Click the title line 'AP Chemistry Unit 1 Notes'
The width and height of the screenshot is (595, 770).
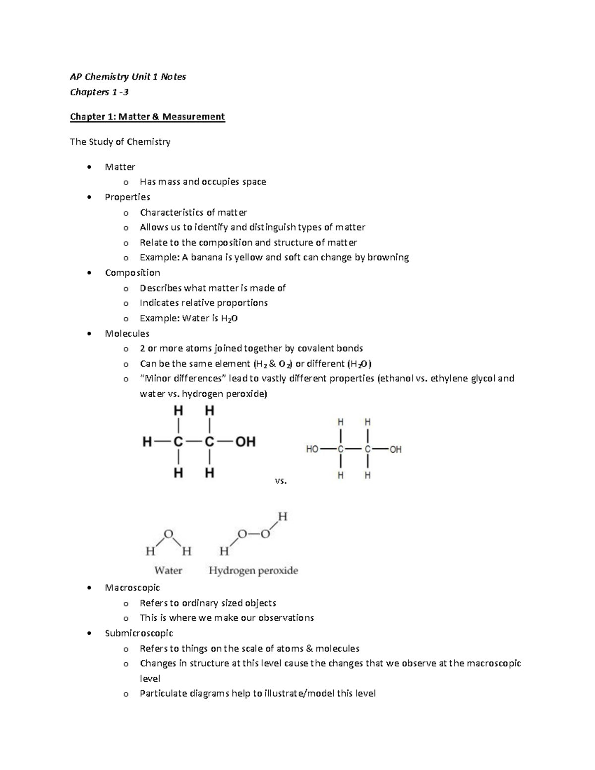click(x=128, y=76)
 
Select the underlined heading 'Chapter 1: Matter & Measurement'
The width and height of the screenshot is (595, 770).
click(x=147, y=117)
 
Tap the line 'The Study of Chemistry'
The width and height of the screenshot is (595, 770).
click(x=120, y=142)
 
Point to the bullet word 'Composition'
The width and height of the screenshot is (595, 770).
click(x=132, y=273)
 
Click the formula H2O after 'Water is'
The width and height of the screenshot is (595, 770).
click(x=229, y=318)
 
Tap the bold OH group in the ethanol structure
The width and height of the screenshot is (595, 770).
click(x=245, y=441)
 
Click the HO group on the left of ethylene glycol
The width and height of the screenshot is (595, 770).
click(x=312, y=449)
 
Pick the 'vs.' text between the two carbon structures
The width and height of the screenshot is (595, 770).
click(x=281, y=480)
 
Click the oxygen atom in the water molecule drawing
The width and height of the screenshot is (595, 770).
click(x=169, y=533)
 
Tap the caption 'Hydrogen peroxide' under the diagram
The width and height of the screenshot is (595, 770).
click(x=253, y=571)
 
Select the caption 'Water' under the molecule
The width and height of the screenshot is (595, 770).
click(x=168, y=571)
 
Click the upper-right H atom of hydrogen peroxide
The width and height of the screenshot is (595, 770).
click(x=282, y=517)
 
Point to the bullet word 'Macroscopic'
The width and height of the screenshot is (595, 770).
click(x=132, y=588)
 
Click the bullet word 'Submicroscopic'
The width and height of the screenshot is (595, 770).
click(x=139, y=633)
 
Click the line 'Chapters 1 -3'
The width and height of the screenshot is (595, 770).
click(x=99, y=92)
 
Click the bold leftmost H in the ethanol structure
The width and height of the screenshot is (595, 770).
click(x=147, y=441)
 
